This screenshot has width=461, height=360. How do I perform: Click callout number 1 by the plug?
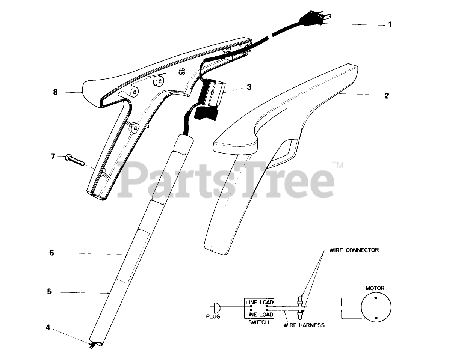[390, 25]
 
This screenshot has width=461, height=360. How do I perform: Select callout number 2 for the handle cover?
[386, 95]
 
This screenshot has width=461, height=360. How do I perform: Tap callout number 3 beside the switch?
[249, 87]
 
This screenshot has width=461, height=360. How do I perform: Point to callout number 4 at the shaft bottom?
[48, 327]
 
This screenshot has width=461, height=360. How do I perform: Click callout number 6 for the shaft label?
[51, 253]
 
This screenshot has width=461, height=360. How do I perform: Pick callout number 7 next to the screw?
[53, 155]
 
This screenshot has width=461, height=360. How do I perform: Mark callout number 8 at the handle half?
[56, 92]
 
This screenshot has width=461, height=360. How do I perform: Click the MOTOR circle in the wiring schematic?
[376, 308]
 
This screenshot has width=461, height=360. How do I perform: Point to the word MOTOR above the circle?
[375, 288]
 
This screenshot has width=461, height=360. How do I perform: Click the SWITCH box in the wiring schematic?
[259, 308]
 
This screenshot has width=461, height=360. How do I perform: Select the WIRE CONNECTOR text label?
[354, 250]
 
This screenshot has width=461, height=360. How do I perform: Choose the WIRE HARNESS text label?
[304, 325]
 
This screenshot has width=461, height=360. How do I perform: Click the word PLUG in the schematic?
[213, 316]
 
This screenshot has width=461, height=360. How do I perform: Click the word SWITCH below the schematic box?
[259, 322]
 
